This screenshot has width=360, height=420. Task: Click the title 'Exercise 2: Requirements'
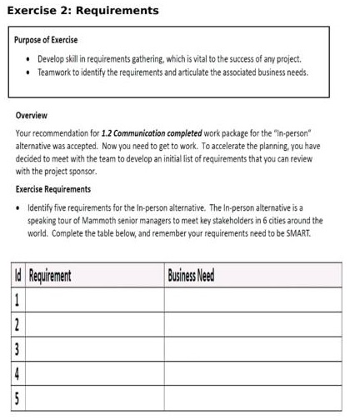click(x=82, y=11)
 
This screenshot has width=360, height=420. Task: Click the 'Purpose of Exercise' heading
click(x=47, y=40)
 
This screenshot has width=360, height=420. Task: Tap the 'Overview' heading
click(x=32, y=116)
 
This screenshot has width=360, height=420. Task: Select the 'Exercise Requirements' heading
click(x=53, y=189)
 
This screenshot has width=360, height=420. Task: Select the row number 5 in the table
click(x=17, y=397)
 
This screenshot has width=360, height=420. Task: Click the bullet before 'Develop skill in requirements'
click(x=28, y=59)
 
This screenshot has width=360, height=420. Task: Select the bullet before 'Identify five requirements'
click(x=19, y=208)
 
